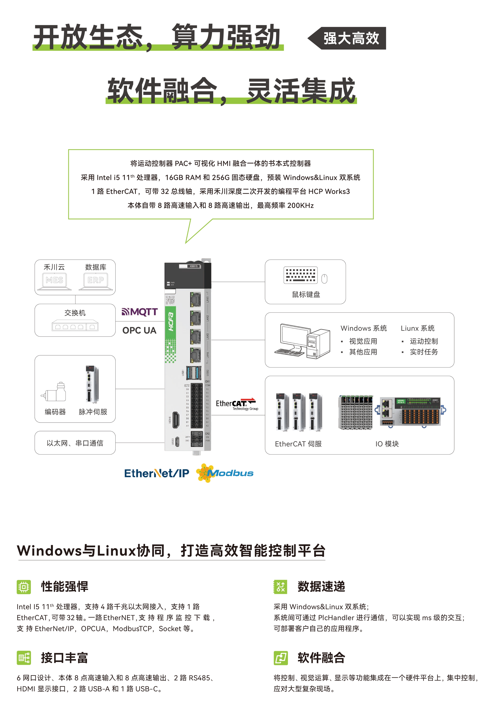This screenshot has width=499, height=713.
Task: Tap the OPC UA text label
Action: [x=139, y=330]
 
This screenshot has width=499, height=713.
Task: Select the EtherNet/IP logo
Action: [x=157, y=473]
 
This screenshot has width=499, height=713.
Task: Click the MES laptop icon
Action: [x=54, y=281]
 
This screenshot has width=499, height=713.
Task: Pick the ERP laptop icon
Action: [x=96, y=281]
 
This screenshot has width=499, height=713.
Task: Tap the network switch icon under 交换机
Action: [x=75, y=326]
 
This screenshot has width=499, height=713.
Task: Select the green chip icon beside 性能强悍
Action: [x=24, y=587]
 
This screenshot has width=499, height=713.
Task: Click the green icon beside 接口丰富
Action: [x=24, y=658]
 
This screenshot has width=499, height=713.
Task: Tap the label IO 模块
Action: [x=387, y=444]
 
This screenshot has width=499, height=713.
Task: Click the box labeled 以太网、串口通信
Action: [x=75, y=443]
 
